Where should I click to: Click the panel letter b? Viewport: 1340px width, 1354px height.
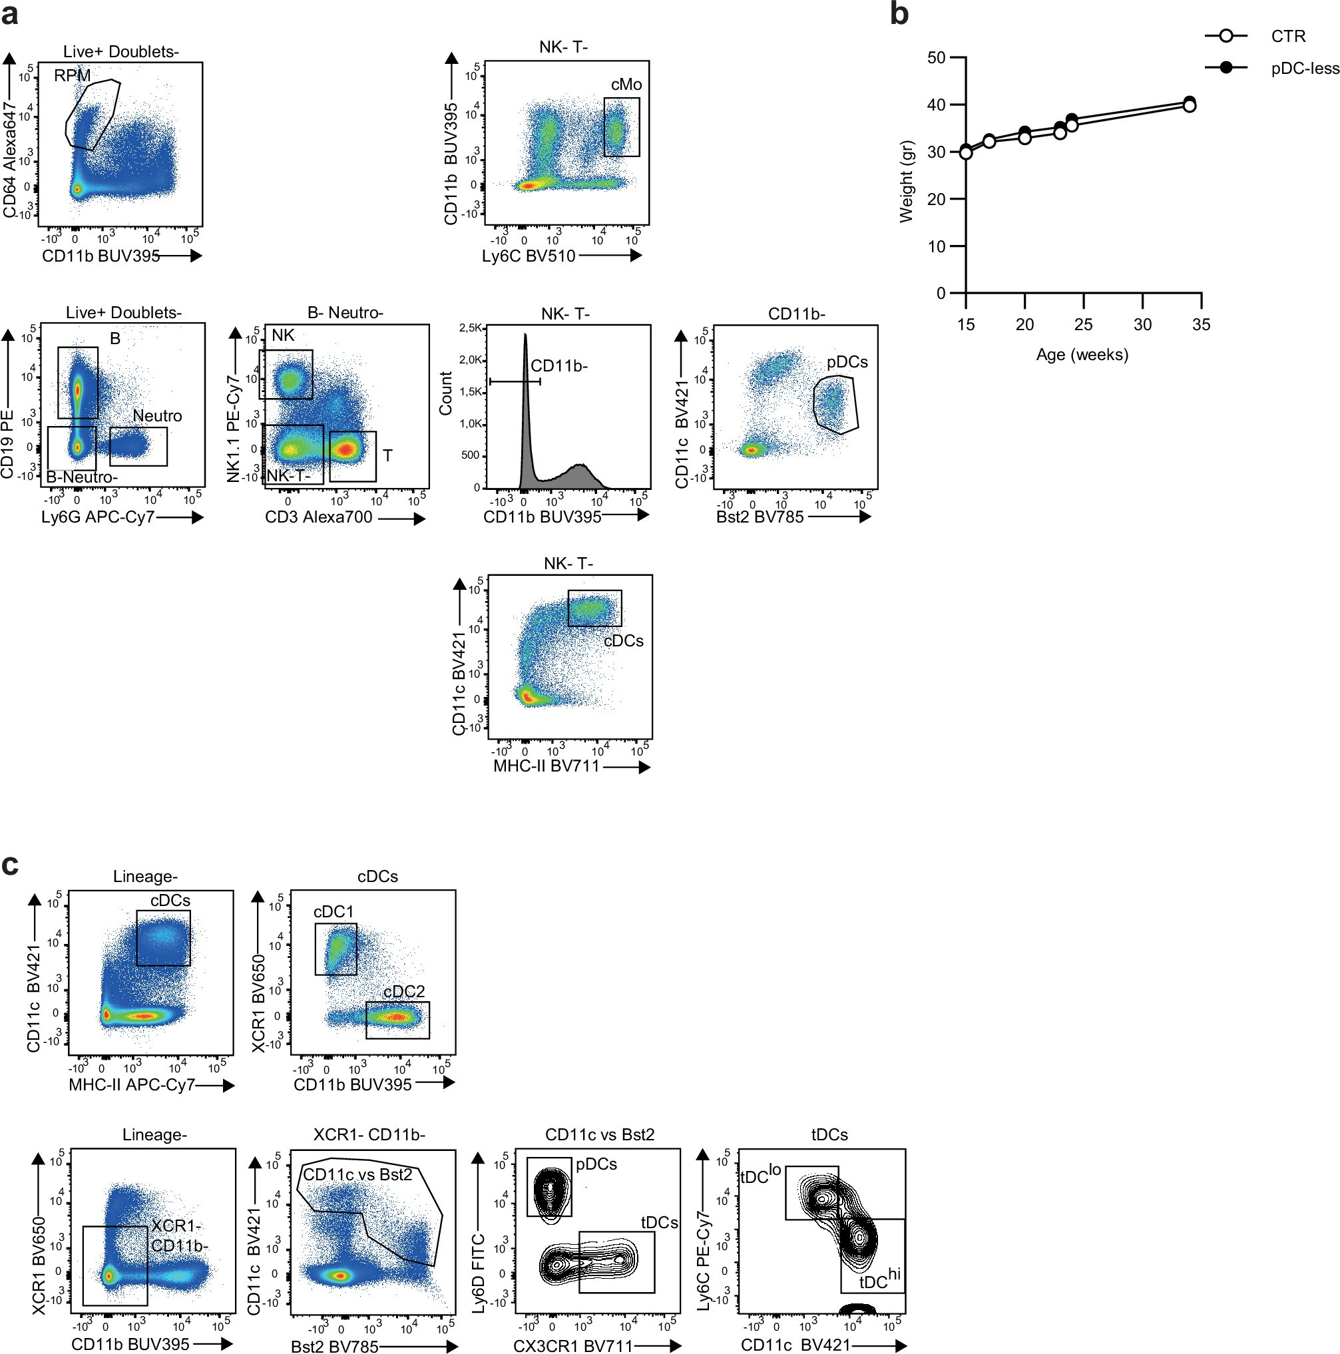pos(899,14)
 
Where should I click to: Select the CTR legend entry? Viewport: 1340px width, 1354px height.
pos(1287,37)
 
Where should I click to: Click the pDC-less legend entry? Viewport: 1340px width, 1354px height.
pos(1304,69)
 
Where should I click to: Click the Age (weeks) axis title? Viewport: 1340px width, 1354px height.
pos(1082,355)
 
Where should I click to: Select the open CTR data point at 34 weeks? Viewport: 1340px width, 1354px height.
pos(1189,106)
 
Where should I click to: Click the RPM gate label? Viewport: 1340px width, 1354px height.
pos(72,76)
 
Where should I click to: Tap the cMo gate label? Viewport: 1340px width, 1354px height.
pos(626,85)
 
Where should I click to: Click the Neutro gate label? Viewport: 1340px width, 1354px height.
pos(157,415)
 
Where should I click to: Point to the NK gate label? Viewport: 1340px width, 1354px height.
pos(283,336)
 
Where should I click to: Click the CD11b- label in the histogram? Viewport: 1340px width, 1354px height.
pos(558,366)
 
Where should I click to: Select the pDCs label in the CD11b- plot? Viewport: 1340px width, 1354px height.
pos(847,362)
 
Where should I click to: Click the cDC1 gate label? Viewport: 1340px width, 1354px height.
pos(334,912)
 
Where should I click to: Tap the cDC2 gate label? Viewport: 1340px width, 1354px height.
pos(403,992)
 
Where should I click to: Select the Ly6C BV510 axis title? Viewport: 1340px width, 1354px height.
pos(529,256)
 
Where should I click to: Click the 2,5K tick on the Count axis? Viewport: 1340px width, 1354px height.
pos(470,328)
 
